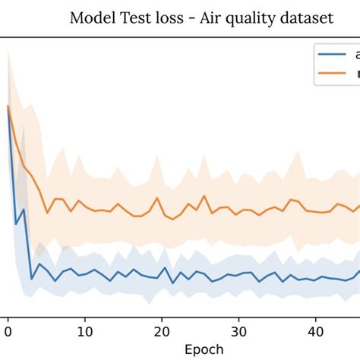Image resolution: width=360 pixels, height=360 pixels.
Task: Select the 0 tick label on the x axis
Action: (8, 330)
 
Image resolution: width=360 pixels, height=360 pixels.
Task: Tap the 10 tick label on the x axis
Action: (85, 330)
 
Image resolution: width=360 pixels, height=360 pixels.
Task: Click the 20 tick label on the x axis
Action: (162, 330)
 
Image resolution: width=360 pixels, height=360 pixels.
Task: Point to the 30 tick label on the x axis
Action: (238, 330)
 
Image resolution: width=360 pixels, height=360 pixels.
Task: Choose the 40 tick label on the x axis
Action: (315, 330)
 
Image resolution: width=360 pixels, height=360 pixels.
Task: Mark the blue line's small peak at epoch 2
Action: (24, 208)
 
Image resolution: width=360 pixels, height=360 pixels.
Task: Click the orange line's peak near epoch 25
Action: (203, 195)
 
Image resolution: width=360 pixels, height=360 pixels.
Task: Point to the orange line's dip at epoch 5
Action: (46, 213)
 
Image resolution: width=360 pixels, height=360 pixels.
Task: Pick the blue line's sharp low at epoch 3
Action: (31, 279)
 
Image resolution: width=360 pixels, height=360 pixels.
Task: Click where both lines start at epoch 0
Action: (8, 106)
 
